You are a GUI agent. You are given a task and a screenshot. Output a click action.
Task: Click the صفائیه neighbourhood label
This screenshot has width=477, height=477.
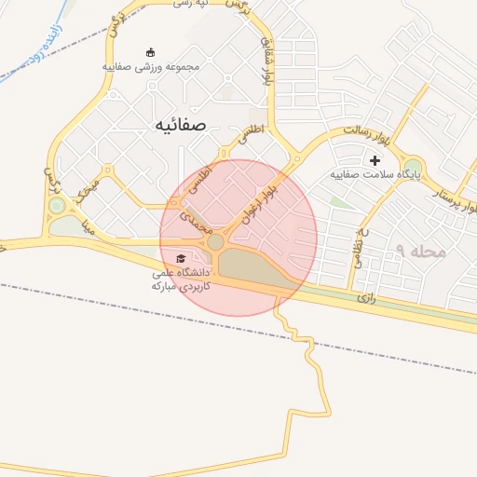[179, 125]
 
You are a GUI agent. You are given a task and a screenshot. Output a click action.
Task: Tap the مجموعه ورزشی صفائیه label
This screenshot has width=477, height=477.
[151, 67]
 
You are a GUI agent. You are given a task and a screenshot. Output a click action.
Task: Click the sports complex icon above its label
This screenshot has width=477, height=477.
[152, 51]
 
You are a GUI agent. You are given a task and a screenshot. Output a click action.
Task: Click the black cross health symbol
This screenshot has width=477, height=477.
[375, 160]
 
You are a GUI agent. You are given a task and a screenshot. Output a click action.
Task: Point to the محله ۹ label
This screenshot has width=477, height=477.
[421, 252]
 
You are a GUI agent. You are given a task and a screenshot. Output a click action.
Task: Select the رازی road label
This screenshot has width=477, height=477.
[365, 299]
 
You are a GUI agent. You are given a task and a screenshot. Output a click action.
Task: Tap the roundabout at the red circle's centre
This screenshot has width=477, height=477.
[216, 242]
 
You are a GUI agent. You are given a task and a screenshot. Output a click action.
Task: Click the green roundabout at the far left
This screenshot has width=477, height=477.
[57, 205]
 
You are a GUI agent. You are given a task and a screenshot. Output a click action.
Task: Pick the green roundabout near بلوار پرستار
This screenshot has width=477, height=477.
[413, 166]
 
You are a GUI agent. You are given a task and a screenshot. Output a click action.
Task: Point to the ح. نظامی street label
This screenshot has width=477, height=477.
[359, 248]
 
